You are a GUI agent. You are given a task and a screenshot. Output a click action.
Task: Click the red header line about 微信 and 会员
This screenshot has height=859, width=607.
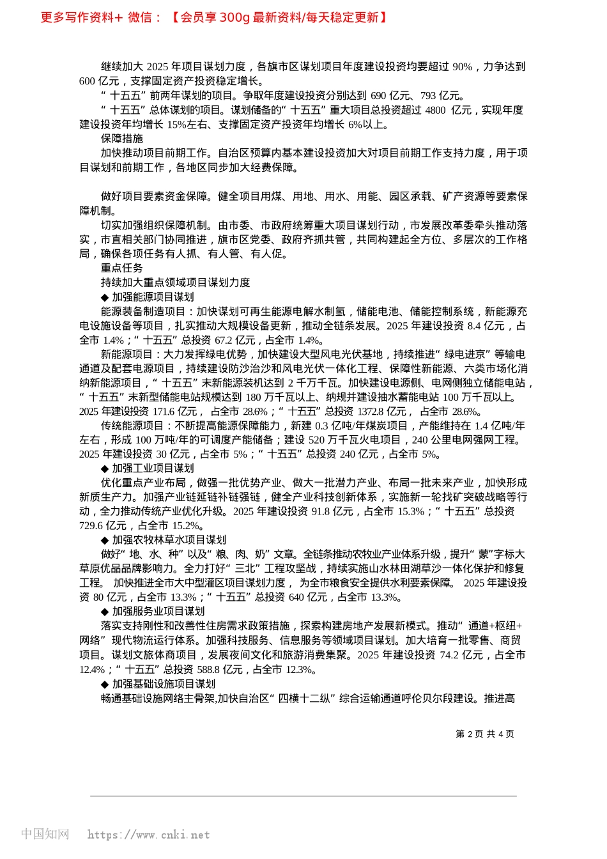214,17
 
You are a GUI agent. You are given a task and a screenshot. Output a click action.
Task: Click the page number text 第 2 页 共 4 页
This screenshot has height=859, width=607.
485,734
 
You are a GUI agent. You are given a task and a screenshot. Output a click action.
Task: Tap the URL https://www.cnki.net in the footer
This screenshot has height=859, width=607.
148,835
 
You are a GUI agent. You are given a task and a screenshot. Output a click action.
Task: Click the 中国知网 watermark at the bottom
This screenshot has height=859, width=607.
45,834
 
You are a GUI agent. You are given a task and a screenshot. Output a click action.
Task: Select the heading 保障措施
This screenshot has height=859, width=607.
121,139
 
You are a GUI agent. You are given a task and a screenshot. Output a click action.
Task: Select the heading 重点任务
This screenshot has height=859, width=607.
121,268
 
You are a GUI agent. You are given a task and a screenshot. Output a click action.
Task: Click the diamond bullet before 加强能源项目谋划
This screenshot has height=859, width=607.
105,297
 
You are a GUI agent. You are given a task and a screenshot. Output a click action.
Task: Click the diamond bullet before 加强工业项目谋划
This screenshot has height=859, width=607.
105,468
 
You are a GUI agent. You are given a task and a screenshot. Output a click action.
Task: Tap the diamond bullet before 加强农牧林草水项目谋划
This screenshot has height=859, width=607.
105,539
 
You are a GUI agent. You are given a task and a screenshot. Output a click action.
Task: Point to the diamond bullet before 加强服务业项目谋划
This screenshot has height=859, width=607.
105,611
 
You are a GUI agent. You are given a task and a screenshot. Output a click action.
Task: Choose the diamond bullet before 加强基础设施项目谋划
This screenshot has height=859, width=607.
105,684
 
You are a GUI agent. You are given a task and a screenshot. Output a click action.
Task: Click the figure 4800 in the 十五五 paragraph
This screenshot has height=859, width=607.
435,110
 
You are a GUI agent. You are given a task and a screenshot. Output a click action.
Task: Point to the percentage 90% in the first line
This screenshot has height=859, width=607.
462,67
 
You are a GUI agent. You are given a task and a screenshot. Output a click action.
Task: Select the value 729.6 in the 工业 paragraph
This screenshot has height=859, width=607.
93,525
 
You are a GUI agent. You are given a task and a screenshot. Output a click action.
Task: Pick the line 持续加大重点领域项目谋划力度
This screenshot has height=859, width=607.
175,282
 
